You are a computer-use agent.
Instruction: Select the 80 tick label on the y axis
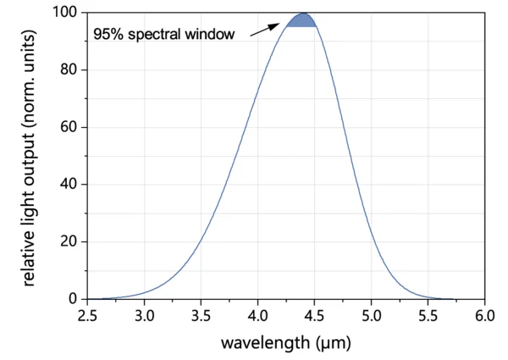tap(69, 70)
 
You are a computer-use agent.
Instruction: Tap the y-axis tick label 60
tap(69, 128)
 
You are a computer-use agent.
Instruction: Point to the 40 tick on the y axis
tap(69, 185)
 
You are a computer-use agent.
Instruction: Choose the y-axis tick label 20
tap(69, 242)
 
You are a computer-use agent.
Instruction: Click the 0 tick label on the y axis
tap(73, 299)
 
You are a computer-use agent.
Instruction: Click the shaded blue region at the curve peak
tap(301, 20)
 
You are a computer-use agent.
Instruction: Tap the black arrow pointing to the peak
tap(265, 28)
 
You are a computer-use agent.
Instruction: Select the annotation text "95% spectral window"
tap(163, 36)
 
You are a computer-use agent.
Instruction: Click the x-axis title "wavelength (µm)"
tap(285, 343)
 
